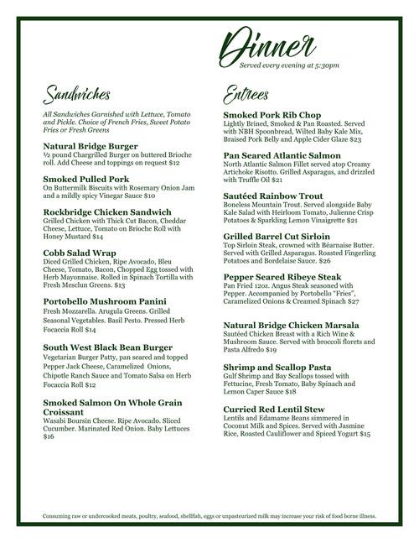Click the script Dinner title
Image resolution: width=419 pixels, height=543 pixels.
[x=269, y=44]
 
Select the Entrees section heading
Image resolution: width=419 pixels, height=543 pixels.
[x=248, y=91]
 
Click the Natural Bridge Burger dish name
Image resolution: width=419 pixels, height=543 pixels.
[x=91, y=145]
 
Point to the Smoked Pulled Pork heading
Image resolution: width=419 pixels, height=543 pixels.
[x=85, y=179]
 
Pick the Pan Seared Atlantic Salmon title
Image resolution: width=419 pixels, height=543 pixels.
[x=282, y=155]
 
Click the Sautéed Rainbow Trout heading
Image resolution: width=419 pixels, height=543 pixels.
[x=273, y=196]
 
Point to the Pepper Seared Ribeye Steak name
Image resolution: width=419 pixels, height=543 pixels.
[x=282, y=276]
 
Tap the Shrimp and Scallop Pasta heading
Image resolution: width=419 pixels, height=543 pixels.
[x=277, y=367]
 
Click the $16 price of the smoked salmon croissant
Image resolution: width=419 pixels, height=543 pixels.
[x=49, y=436]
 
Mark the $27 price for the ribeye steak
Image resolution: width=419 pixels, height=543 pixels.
[x=354, y=300]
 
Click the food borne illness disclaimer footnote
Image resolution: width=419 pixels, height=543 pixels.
[x=209, y=516]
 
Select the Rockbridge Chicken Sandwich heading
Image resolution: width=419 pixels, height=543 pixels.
[x=106, y=212]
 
